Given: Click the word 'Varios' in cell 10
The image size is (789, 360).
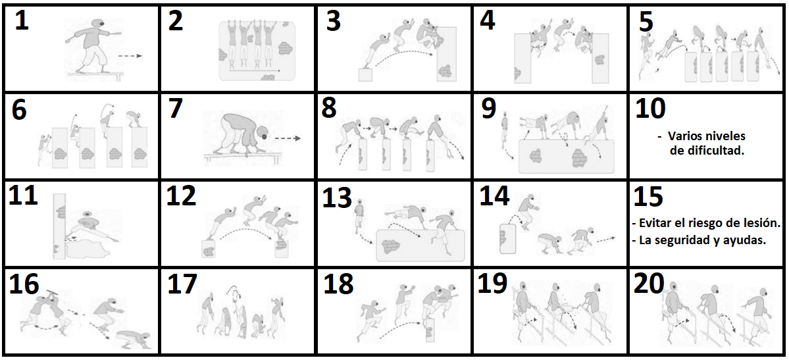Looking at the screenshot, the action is pyautogui.click(x=685, y=136).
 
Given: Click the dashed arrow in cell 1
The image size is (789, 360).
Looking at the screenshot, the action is pyautogui.click(x=130, y=57).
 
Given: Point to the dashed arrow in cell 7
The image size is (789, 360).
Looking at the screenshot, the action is pyautogui.click(x=288, y=138).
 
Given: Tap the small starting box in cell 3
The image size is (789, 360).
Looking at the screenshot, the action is pyautogui.click(x=365, y=74).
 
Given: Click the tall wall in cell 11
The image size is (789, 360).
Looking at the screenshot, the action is pyautogui.click(x=59, y=226).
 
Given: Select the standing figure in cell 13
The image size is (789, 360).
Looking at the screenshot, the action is pyautogui.click(x=359, y=219).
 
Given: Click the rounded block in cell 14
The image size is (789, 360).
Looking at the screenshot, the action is pyautogui.click(x=508, y=238).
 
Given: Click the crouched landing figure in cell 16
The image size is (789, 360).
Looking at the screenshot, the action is pyautogui.click(x=132, y=342).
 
